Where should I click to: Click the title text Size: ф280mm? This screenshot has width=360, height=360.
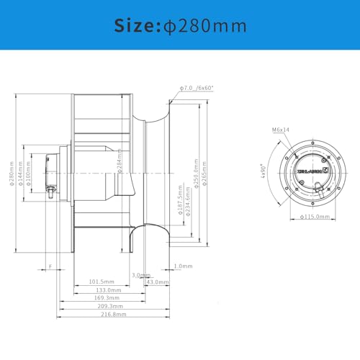[180, 26]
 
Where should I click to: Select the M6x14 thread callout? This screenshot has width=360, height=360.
[280, 130]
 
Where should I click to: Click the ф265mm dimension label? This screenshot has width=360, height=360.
[205, 175]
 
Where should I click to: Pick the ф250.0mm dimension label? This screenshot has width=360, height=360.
[195, 173]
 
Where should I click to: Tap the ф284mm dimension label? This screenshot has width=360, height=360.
[120, 169]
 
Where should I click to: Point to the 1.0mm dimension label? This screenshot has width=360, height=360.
[183, 266]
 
